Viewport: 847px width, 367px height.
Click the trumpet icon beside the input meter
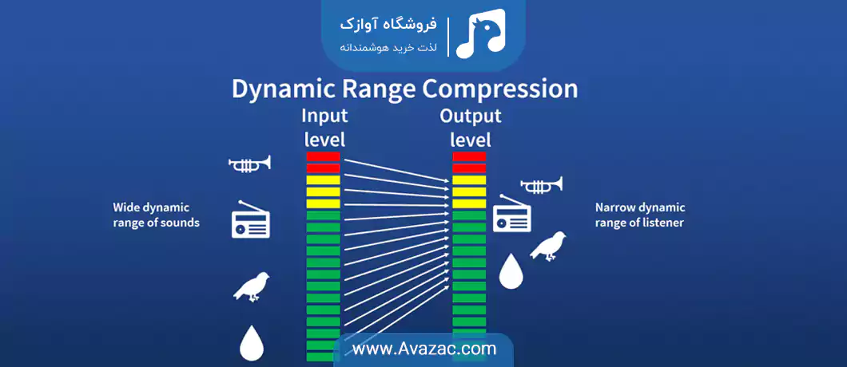point(249,164)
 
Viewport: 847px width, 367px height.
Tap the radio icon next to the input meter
point(251,220)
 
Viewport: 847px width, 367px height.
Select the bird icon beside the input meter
point(252,286)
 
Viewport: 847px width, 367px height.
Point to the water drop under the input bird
point(252,343)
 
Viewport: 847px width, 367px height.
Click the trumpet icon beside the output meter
point(541,185)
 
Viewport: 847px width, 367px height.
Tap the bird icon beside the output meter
point(548,246)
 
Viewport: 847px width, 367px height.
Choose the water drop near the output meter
point(511,270)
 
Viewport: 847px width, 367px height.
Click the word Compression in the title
point(501,89)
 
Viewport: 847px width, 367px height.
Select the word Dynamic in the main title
point(279,89)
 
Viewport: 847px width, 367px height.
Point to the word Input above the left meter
point(324,116)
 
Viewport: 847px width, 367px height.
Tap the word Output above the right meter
point(471,116)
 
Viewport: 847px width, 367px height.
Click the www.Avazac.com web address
point(424,349)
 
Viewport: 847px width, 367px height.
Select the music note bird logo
point(480,33)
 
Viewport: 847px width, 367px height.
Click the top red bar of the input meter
point(323,156)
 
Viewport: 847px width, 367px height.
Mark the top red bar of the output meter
point(469,156)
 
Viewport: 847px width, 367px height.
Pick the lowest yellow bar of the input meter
point(323,204)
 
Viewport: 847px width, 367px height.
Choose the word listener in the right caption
point(666,222)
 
